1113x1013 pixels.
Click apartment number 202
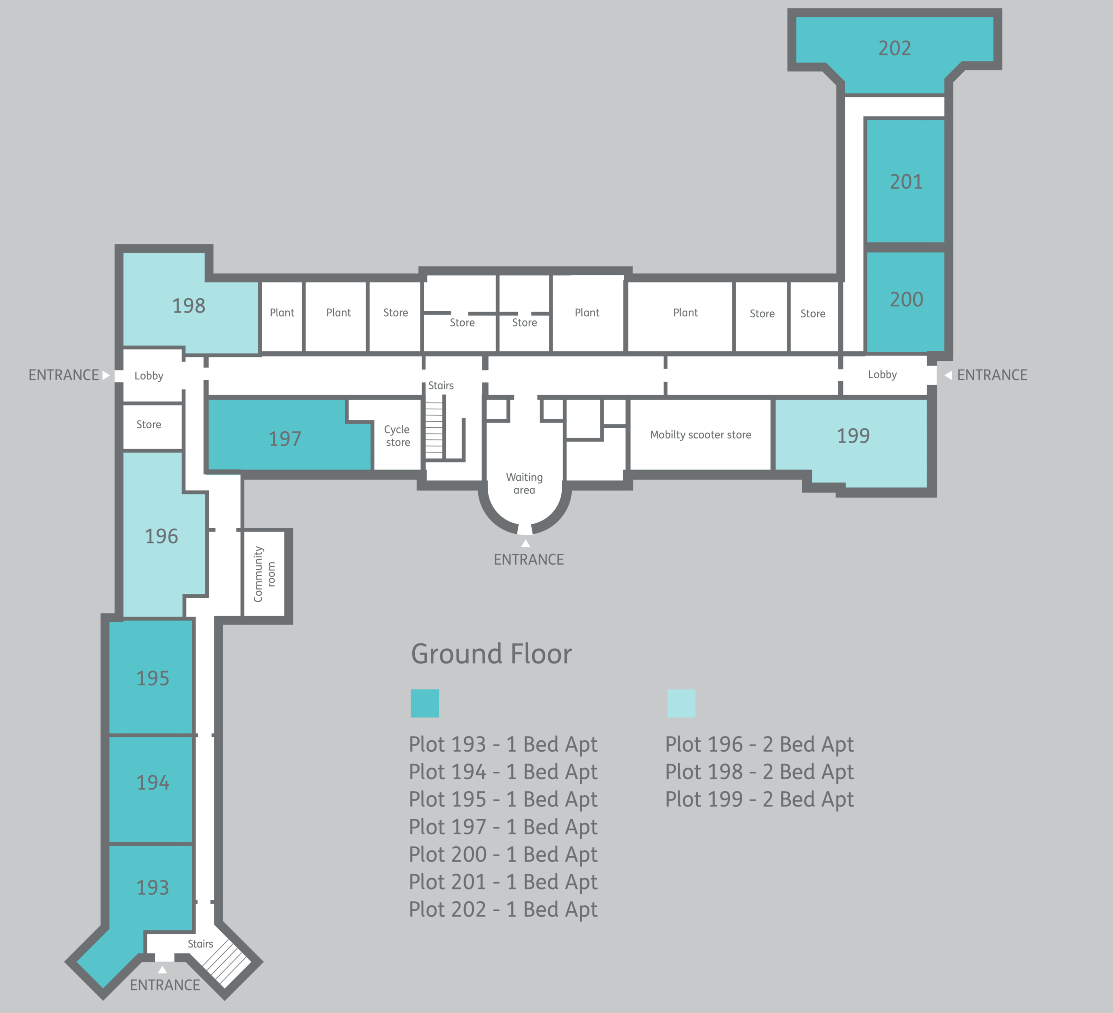click(x=894, y=49)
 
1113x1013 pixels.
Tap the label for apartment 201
click(x=906, y=182)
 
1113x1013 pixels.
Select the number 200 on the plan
click(x=906, y=300)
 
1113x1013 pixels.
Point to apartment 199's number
click(x=853, y=436)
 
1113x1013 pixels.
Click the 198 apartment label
click(x=188, y=306)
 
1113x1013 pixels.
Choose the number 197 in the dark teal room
click(x=285, y=439)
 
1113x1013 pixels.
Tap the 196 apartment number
click(x=161, y=536)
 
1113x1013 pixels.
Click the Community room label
click(x=264, y=574)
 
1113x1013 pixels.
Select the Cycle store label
click(x=397, y=436)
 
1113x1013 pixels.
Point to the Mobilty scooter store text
click(x=700, y=435)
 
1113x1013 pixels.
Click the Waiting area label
click(x=524, y=483)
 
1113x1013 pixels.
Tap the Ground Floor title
click(x=491, y=654)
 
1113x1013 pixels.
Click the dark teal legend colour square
click(x=425, y=703)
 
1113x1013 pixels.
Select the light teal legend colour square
click(x=681, y=703)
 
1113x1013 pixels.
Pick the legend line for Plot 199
click(x=759, y=800)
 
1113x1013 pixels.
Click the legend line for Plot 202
click(x=503, y=910)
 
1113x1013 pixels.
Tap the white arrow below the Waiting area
click(x=526, y=544)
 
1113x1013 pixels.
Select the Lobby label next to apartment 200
click(x=882, y=375)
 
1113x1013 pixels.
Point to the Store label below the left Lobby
click(x=149, y=424)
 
